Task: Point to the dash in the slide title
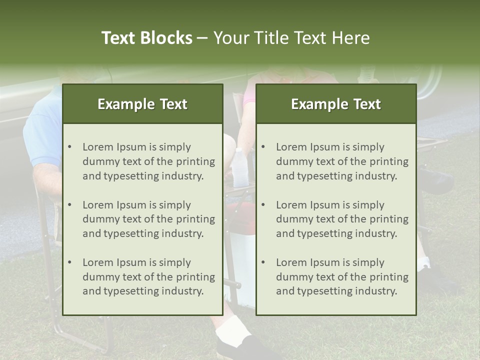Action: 202,38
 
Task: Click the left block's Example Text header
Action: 142,104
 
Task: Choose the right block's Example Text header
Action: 336,104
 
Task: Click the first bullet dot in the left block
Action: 69,147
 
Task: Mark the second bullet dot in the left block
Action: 69,205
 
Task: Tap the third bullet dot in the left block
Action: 69,262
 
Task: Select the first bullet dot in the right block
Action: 263,147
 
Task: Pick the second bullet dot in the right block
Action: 263,205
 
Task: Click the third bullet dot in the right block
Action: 263,262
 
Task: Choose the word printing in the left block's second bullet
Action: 195,219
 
